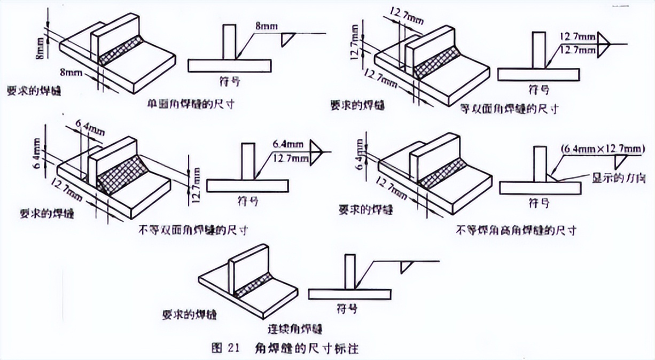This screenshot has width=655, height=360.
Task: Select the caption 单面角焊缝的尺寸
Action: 190,104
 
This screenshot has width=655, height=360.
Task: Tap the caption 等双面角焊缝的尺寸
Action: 510,109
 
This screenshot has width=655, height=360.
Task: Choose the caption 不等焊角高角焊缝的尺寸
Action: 516,231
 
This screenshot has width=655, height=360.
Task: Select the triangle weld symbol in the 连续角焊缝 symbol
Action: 408,267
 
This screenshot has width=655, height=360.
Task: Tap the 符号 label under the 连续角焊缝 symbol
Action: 347,309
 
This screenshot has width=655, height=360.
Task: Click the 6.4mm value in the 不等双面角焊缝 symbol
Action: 286,144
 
